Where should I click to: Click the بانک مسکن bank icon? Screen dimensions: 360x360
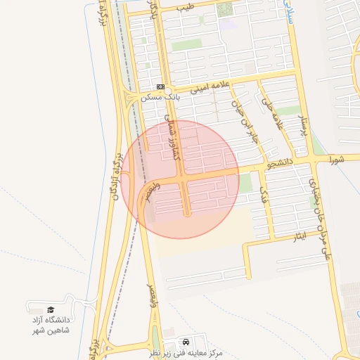tap(161, 86)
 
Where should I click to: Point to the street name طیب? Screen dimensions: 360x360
tap(185, 7)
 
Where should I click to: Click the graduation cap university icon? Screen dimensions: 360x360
tap(50, 309)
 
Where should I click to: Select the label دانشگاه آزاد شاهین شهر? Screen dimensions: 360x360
tap(50, 324)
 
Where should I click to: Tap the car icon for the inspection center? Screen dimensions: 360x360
tap(185, 340)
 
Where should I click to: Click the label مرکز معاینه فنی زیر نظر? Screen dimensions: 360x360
tap(190, 352)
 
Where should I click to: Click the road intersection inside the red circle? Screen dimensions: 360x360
tap(183, 181)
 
